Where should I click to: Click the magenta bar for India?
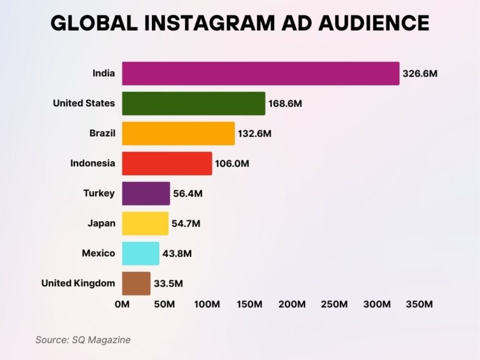point(260,73)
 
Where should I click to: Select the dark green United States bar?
point(193,103)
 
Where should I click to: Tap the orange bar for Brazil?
point(178,133)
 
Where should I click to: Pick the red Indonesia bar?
point(167,163)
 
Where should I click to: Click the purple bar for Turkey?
point(146,193)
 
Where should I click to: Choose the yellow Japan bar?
point(145,223)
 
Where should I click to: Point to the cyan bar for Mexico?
point(141,253)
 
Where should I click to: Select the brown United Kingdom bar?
point(136,283)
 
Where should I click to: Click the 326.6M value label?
point(419,73)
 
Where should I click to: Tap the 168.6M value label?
point(285,103)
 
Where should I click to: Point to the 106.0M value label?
point(232,164)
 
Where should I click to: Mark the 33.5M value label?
point(169,284)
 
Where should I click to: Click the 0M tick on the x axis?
point(122,304)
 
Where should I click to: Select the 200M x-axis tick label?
point(292,304)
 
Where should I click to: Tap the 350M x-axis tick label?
point(419,304)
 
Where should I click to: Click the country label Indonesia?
point(92,163)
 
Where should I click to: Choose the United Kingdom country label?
point(78,283)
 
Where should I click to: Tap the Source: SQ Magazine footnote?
point(82,340)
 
